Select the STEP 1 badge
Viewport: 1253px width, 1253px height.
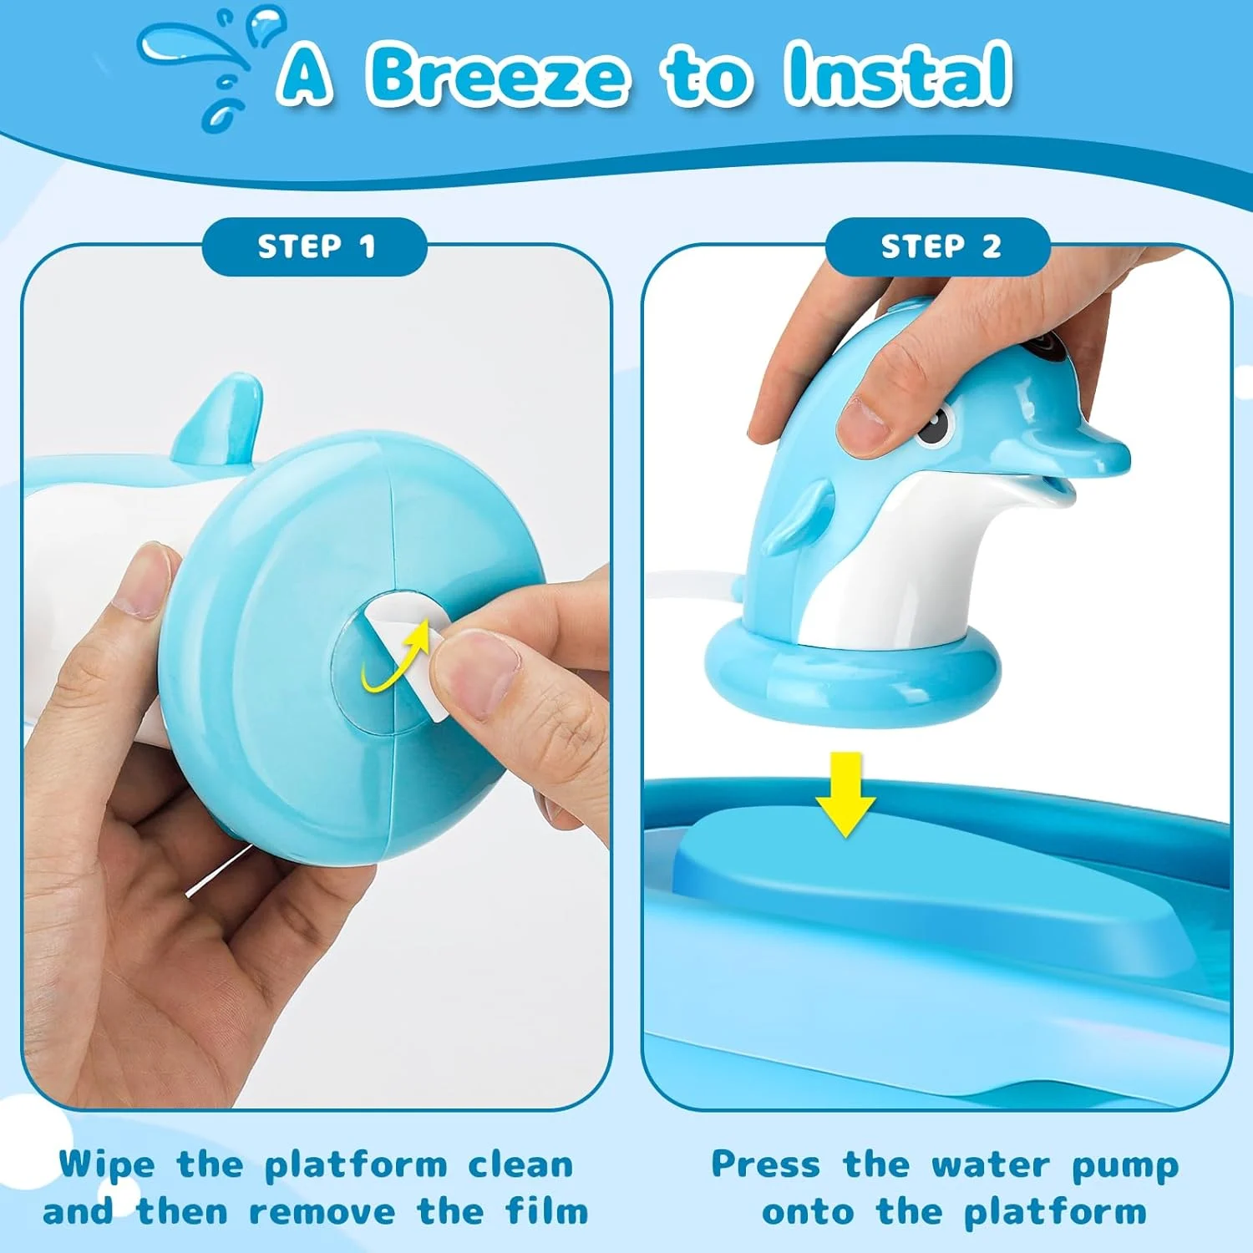coord(315,246)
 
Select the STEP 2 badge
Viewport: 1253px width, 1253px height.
coord(938,246)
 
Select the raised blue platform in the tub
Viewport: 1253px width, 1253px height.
coord(919,885)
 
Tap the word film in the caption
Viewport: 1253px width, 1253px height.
coord(547,1211)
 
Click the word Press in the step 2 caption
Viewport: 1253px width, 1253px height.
coord(765,1164)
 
